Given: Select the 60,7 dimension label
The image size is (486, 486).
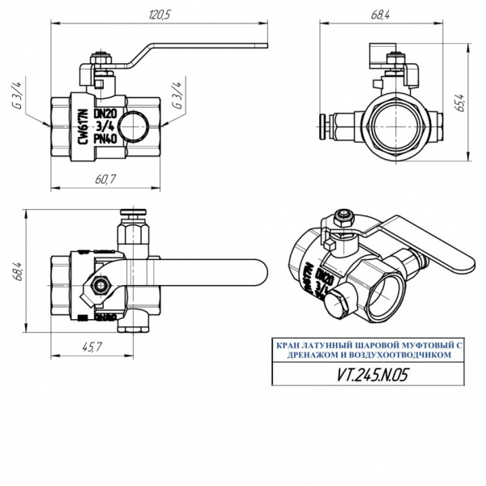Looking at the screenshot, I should click(x=104, y=179).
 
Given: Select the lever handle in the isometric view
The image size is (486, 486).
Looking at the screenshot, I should click(x=425, y=242).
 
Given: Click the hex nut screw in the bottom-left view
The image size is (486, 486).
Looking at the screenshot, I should click(x=101, y=285).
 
